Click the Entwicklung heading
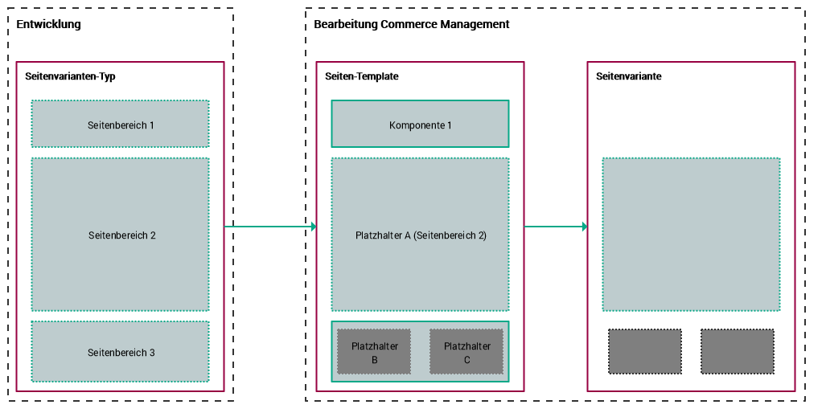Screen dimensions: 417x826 pos(49,24)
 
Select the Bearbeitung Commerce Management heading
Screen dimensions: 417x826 pos(411,24)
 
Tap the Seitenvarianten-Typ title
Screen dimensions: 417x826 pos(71,76)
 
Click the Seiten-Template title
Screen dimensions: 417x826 pos(362,76)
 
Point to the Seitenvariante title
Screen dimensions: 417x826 pos(629,76)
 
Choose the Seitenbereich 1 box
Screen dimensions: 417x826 pos(121,125)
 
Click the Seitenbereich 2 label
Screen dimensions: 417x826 pos(121,235)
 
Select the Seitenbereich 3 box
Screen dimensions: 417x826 pos(121,353)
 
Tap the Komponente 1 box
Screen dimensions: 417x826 pos(420,125)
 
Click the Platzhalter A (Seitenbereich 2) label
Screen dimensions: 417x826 pos(421,235)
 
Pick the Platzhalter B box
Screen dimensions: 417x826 pos(374,352)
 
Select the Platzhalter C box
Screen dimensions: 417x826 pos(466,352)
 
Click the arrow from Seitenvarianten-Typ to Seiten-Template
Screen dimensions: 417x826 pos(269,227)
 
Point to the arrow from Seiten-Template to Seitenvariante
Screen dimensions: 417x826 pos(555,227)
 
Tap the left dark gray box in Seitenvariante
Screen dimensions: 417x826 pos(645,351)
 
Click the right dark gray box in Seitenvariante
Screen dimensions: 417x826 pos(737,351)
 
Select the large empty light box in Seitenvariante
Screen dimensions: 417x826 pos(691,234)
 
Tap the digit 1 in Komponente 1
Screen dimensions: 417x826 pos(449,125)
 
